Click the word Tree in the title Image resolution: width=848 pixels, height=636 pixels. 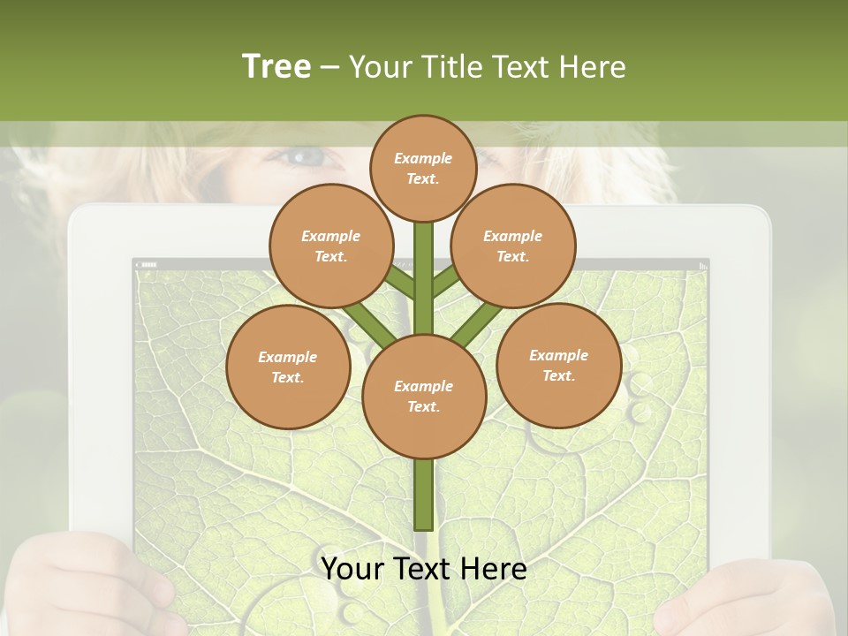click(276, 66)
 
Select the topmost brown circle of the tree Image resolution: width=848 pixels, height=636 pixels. click(423, 168)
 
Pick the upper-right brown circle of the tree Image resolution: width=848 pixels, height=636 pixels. click(512, 246)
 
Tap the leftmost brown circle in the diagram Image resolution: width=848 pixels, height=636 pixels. click(288, 367)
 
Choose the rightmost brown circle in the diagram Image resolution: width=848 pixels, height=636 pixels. click(558, 365)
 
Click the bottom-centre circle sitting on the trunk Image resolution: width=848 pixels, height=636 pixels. click(424, 396)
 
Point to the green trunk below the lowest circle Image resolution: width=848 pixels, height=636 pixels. click(424, 495)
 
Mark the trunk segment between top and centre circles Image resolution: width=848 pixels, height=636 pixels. click(424, 278)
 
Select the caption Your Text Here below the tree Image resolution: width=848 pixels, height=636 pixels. click(424, 569)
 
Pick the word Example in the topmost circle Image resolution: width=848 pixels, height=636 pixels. click(423, 158)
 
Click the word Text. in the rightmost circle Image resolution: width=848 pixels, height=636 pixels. click(558, 375)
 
